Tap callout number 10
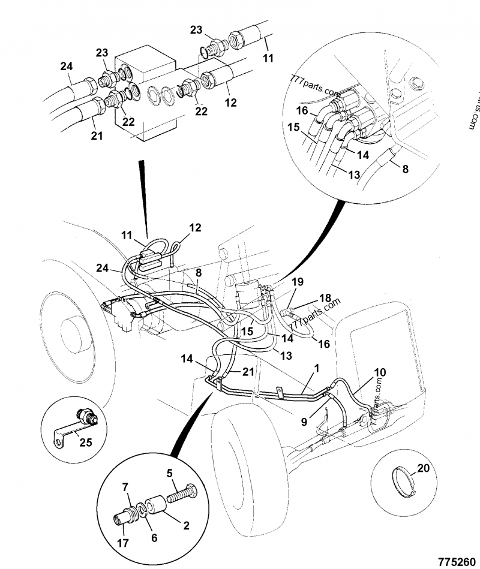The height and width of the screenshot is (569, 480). coord(380,372)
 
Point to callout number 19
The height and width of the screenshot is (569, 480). coord(298,282)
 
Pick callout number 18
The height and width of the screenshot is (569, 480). coord(325,298)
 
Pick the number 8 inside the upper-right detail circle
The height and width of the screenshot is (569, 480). coord(406,169)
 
